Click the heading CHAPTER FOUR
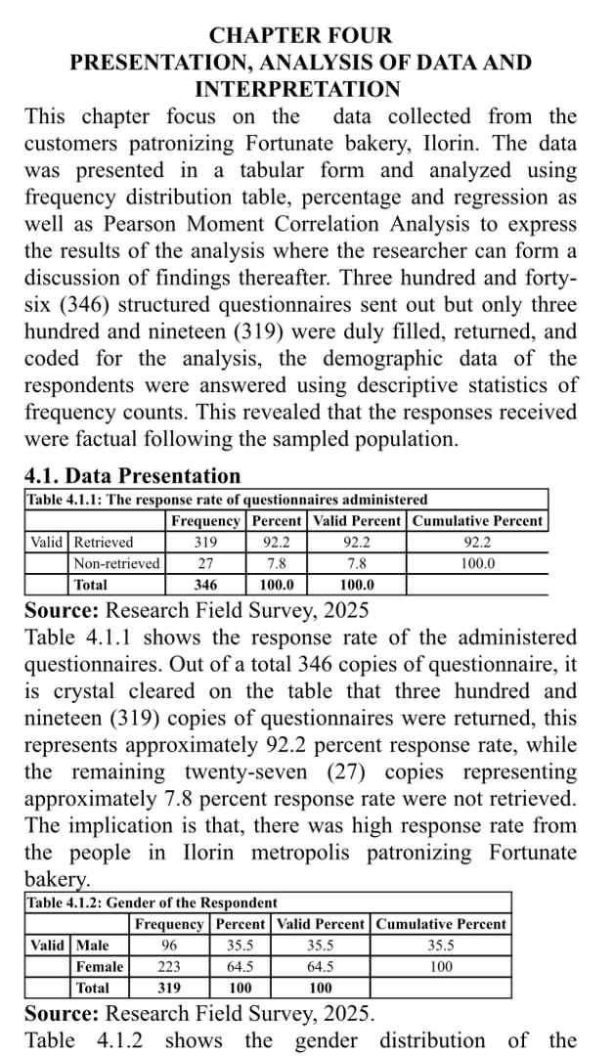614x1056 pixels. (x=301, y=36)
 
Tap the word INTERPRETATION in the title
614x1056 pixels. (x=298, y=90)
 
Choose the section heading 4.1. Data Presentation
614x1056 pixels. (x=132, y=476)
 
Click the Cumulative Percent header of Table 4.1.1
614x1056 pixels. (x=477, y=521)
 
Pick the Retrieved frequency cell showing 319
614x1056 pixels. (x=205, y=542)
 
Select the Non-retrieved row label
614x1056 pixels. (x=116, y=563)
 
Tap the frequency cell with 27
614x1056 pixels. (x=205, y=563)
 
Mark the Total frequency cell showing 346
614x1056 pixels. (x=205, y=585)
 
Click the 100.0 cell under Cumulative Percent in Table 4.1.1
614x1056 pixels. (x=477, y=563)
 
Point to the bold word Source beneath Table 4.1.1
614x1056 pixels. (x=61, y=611)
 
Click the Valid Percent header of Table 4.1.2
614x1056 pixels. (x=321, y=924)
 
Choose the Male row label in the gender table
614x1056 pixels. (x=93, y=946)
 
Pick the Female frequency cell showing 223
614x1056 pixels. (x=169, y=966)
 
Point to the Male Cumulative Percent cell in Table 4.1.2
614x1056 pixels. (x=441, y=946)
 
